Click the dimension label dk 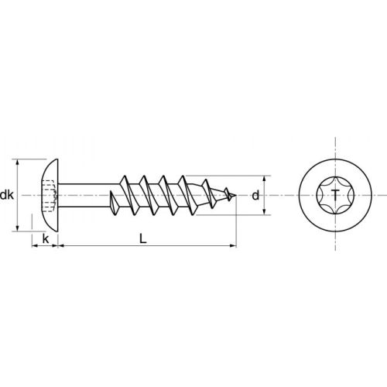click(7, 195)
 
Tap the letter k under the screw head click(46, 238)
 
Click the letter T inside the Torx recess click(334, 195)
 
